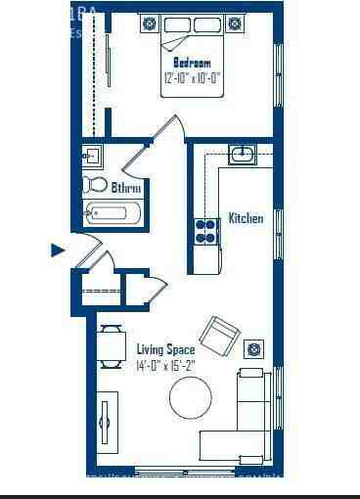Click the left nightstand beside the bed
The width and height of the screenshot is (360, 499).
150,23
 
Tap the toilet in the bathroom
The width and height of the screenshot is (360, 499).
95,185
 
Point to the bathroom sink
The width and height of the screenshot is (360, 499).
91,156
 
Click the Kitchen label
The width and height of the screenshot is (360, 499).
246,218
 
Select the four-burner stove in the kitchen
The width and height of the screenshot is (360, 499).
206,231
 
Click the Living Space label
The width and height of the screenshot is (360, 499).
165,349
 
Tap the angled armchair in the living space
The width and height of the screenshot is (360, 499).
221,337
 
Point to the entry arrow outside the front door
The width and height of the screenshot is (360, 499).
58,250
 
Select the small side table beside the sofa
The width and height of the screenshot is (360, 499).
254,349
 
